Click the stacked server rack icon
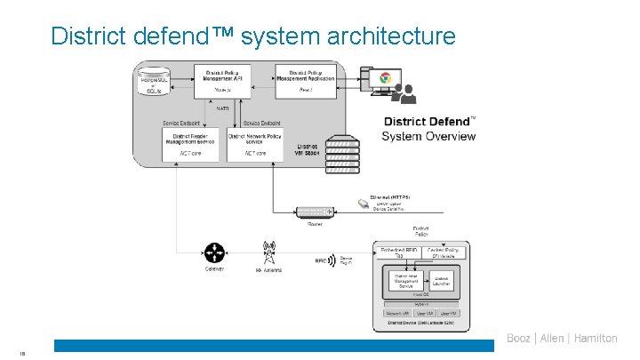[x=342, y=157]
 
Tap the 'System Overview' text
[x=428, y=136]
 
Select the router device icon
[x=316, y=212]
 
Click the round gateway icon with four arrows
[x=214, y=253]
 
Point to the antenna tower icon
[x=268, y=252]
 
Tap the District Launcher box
[x=442, y=281]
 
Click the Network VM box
[x=396, y=313]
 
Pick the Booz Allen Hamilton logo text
[x=562, y=338]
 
